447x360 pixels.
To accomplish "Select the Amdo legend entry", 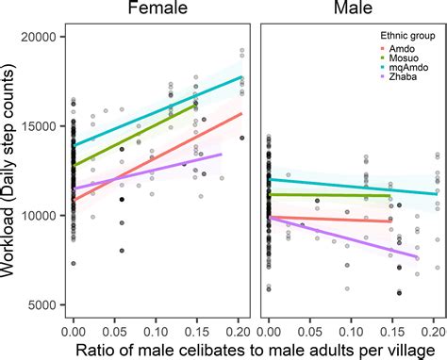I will click(x=394, y=47).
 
